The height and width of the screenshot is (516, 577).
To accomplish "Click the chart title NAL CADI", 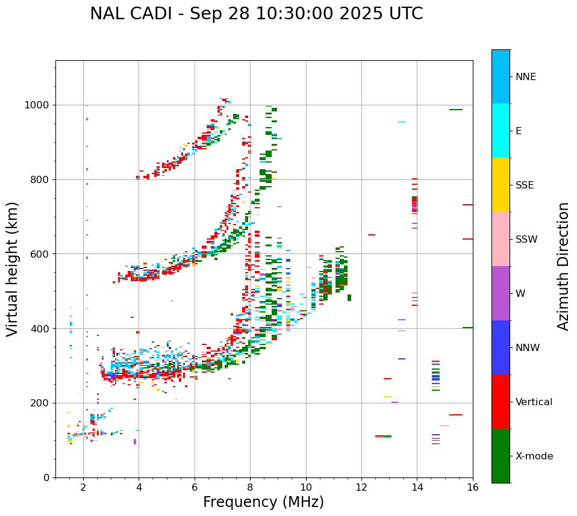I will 256,14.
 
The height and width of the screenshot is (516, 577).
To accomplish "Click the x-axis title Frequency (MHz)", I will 263,502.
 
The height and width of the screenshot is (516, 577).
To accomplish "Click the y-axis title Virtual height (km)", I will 13,269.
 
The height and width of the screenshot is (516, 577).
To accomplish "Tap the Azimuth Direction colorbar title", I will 563,266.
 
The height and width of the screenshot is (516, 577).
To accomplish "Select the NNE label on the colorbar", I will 525,77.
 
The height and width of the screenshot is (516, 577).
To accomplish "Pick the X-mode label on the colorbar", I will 534,456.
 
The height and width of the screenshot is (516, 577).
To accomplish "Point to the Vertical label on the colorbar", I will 534,402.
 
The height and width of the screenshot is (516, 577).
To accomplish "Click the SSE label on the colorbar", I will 524,185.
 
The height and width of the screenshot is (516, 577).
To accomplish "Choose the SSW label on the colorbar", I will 526,240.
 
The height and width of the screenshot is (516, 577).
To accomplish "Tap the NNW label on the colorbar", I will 527,348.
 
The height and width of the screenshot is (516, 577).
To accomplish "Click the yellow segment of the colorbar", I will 501,185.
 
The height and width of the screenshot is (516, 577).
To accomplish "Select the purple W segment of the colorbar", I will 501,293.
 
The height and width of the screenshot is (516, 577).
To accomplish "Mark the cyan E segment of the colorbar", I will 501,131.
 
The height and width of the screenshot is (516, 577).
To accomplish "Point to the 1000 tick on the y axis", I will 39,105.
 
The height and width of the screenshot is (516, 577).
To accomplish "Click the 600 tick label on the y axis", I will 41,254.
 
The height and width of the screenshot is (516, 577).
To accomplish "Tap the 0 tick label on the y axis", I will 47,478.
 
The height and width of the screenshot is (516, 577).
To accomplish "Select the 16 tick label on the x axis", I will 473,488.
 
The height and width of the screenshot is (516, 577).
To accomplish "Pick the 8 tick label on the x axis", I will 250,488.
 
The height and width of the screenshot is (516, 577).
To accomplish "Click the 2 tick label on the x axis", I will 83,488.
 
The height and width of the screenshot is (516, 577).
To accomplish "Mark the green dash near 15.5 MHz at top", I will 456,110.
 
